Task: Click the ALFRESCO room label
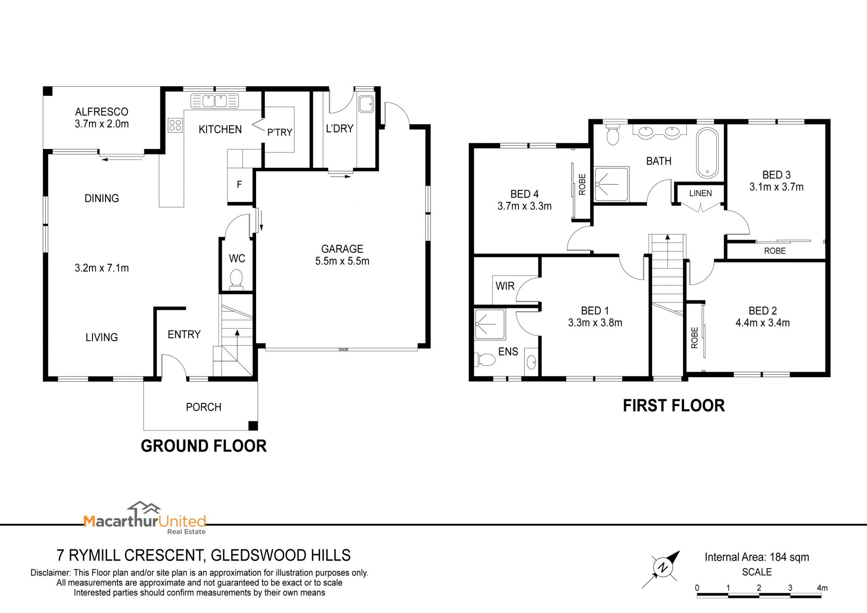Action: coord(102,112)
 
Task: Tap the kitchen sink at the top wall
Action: coord(214,101)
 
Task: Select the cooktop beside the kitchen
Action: coord(175,125)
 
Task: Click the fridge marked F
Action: coord(239,184)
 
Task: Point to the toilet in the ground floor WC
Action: coord(236,279)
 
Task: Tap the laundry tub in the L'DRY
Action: coord(366,104)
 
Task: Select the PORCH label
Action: coord(204,407)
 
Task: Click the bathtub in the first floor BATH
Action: coord(707,153)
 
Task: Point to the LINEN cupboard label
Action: coord(700,193)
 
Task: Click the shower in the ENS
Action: coord(489,324)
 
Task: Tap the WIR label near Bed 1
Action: coord(505,286)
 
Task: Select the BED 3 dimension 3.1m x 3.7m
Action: coord(777,187)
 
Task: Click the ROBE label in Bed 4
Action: coord(582,184)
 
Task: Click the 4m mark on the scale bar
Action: coord(822,588)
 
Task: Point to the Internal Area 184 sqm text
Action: coord(757,557)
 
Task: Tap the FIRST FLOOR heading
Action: coord(674,406)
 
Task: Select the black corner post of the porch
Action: coord(253,426)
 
